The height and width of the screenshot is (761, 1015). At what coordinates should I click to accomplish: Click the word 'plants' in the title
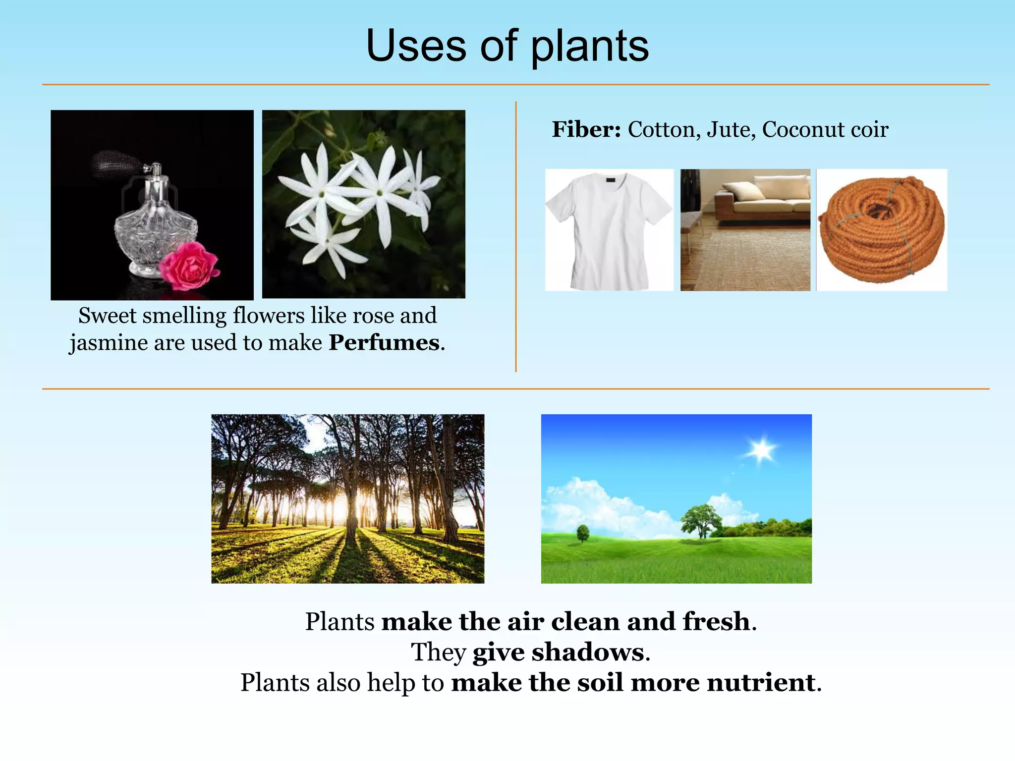[590, 47]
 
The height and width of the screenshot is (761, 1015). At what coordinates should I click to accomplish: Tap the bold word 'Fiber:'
[586, 130]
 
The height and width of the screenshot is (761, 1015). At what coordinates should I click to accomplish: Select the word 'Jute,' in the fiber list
[731, 130]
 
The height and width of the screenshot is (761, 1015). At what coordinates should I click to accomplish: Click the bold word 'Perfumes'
[384, 343]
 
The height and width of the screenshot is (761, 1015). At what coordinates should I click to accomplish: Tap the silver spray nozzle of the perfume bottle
[155, 171]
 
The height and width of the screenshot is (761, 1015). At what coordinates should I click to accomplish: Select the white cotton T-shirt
[609, 230]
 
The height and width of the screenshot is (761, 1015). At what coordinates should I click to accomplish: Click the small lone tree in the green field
[583, 533]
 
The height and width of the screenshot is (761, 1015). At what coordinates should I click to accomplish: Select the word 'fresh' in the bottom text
[716, 621]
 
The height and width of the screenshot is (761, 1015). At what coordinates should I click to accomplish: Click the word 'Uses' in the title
[416, 47]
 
